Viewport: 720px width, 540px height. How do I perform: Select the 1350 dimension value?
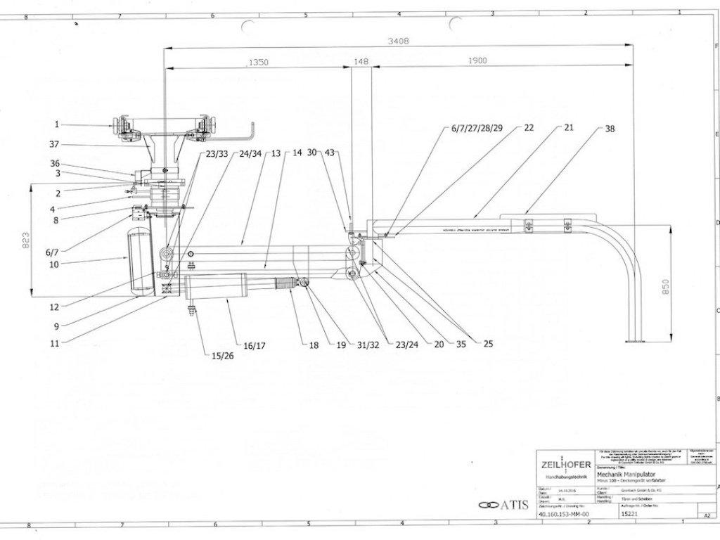click(x=258, y=63)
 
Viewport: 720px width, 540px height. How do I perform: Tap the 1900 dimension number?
click(x=477, y=62)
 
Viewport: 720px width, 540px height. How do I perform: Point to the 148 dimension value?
click(x=361, y=62)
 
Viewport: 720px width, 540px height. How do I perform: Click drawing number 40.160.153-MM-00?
click(x=562, y=514)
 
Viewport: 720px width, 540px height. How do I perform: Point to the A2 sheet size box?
click(x=698, y=515)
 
